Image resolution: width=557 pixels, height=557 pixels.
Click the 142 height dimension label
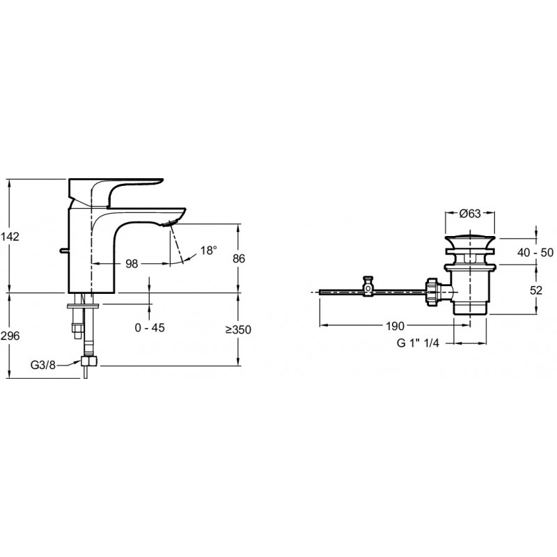coord(10,236)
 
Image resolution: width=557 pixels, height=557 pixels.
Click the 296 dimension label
coord(10,336)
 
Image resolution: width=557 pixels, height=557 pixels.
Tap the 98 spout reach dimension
coord(132,264)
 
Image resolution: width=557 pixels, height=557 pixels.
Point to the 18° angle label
coord(208,251)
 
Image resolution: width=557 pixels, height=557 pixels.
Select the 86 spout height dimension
coord(239,258)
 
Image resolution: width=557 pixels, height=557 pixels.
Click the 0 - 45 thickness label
coord(150,327)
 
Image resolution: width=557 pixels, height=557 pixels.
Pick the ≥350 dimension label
coord(238,329)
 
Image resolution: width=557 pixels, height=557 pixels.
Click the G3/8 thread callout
coord(43,365)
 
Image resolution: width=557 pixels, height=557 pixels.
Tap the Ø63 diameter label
coord(469,213)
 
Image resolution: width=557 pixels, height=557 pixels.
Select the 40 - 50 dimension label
coord(535,252)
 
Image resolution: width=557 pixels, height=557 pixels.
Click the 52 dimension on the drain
coord(536,290)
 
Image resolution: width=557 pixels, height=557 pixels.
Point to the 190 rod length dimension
coord(395,326)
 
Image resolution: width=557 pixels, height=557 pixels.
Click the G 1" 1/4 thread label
coord(418,343)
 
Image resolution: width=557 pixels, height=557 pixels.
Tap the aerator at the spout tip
coord(168,223)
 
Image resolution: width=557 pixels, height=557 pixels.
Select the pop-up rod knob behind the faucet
coord(63,251)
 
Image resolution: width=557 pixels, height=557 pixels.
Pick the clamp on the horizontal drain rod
coord(368,286)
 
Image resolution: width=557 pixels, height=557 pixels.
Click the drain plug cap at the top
coord(469,240)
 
